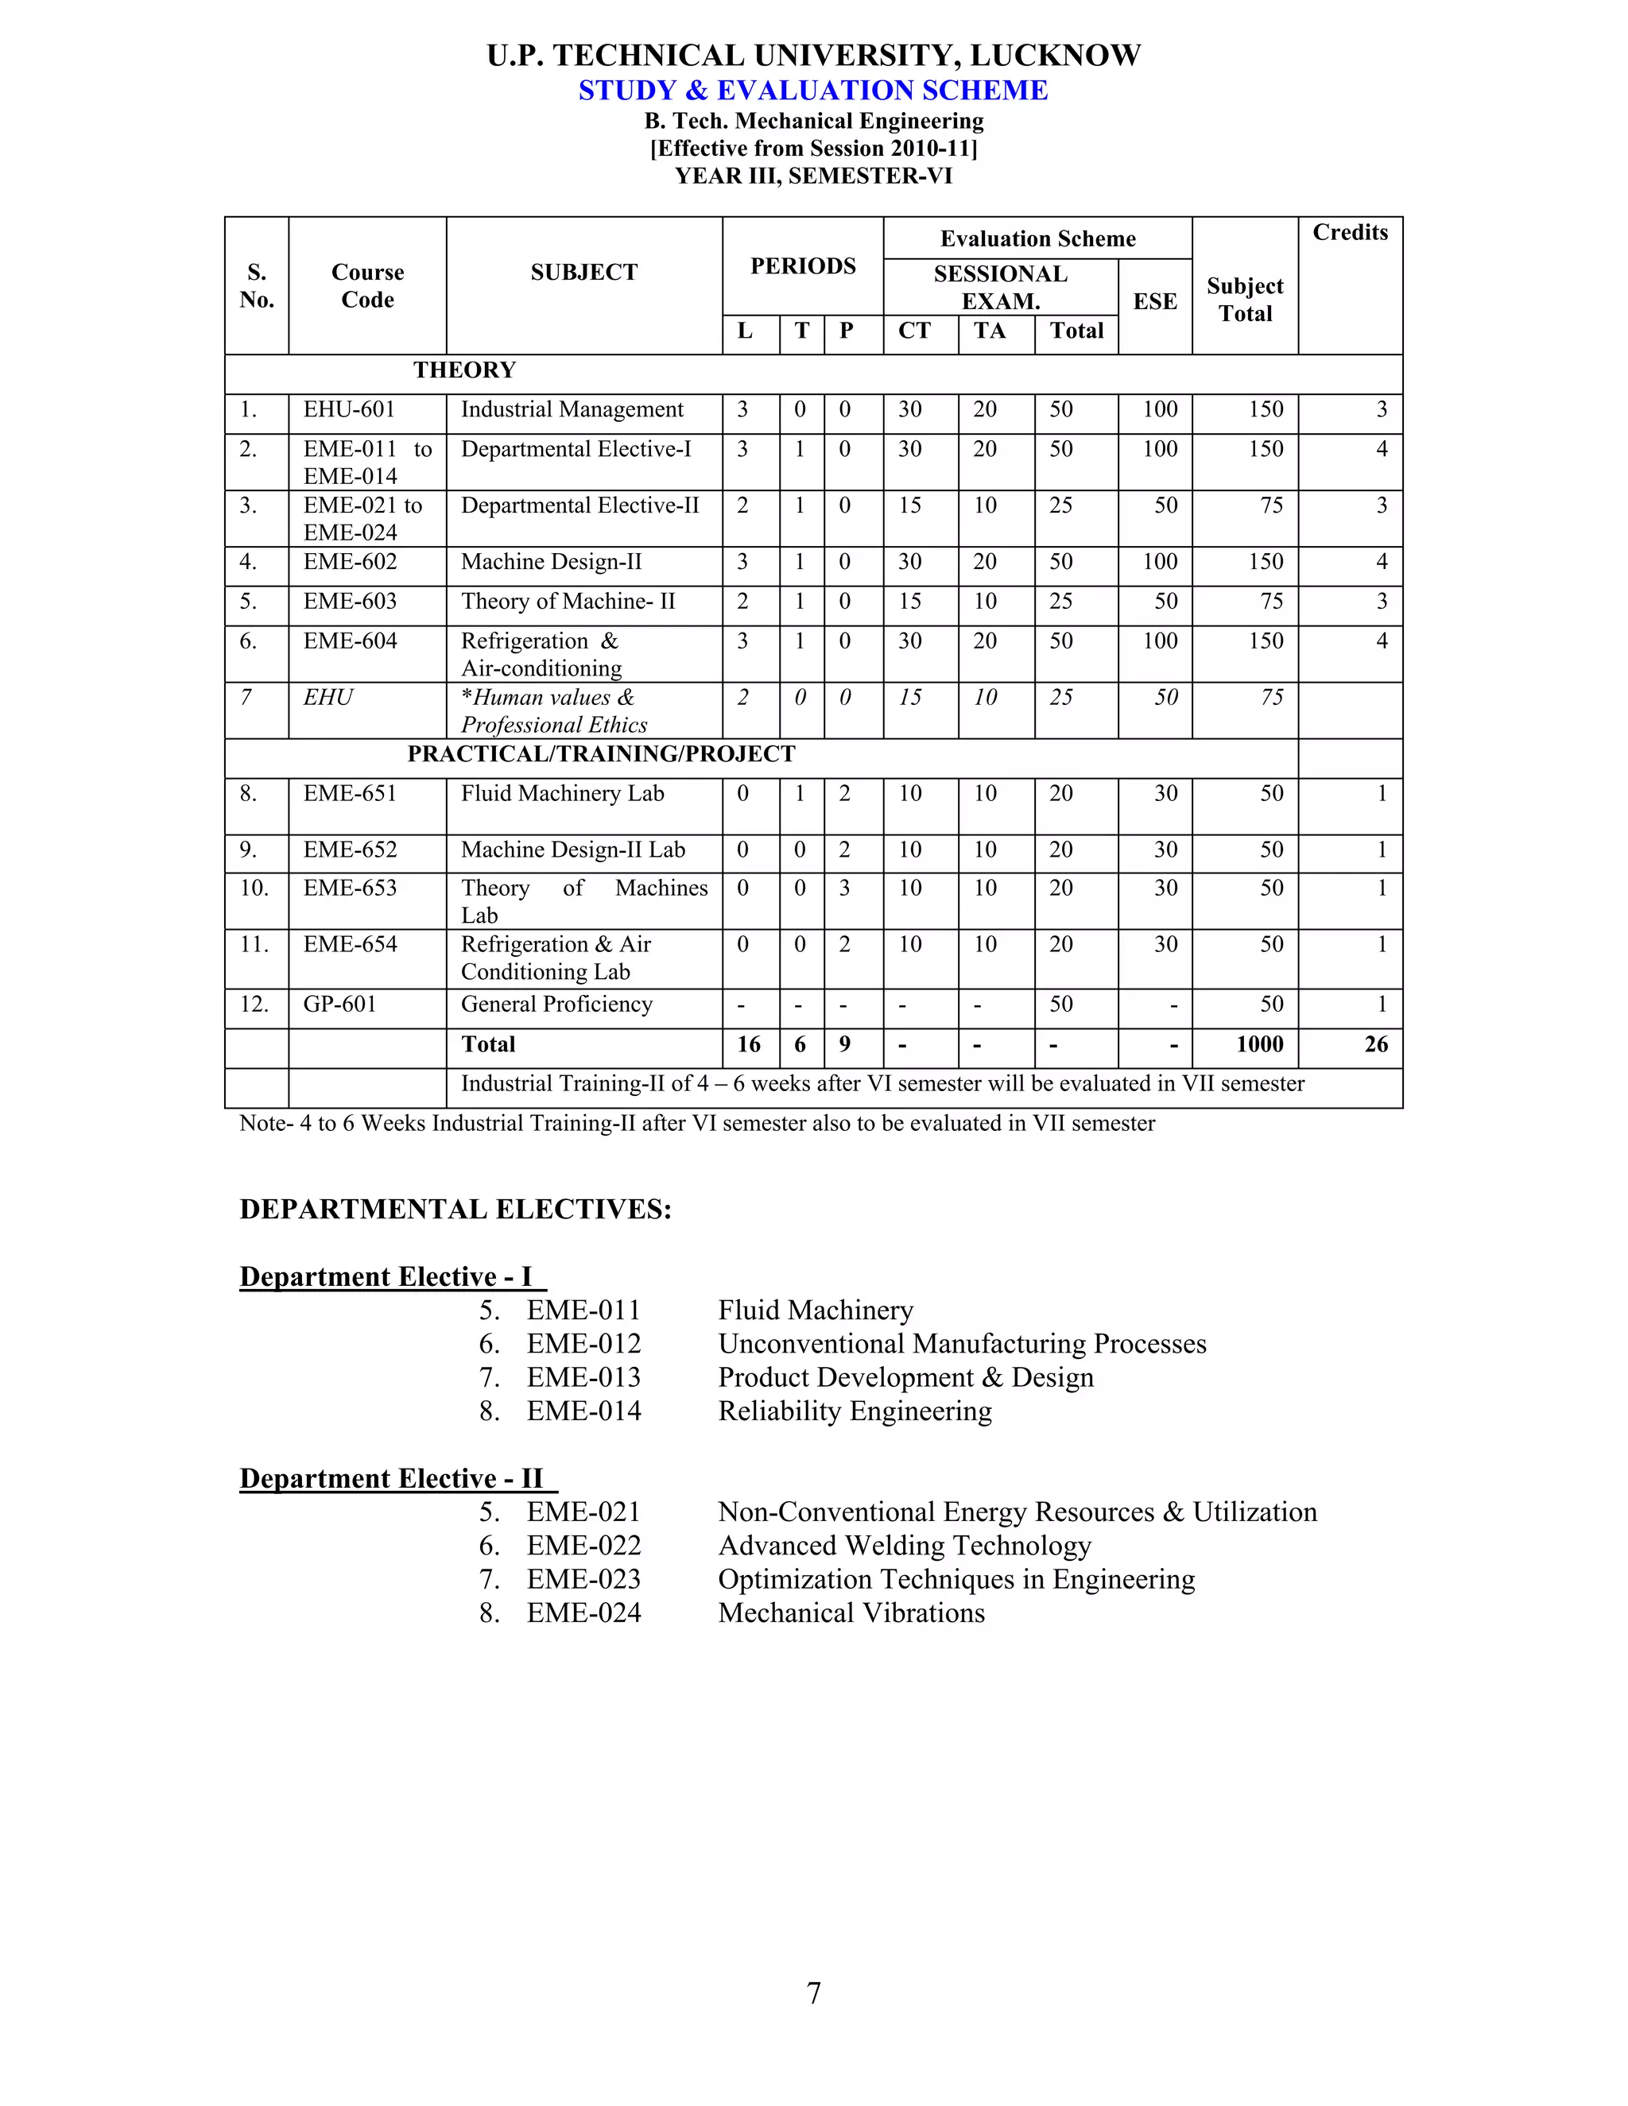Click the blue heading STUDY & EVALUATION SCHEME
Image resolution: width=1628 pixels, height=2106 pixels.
(x=813, y=90)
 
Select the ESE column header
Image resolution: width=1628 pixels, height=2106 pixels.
(x=1154, y=302)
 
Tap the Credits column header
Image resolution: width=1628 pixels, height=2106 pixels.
(x=1349, y=232)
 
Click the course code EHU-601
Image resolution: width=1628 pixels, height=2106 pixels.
(x=349, y=410)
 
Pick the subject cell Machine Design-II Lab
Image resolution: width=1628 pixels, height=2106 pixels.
(x=573, y=850)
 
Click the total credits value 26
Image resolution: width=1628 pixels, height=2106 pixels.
(x=1375, y=1044)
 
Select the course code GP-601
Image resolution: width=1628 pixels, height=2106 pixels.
(x=339, y=1005)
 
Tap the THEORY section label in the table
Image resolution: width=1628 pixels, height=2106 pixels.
(x=464, y=370)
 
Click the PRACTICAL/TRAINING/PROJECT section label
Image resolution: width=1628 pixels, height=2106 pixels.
(x=601, y=754)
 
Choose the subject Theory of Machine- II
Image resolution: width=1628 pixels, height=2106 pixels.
(x=568, y=602)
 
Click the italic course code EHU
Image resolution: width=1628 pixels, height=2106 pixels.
(x=328, y=697)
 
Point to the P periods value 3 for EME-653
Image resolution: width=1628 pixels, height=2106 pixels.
(x=844, y=888)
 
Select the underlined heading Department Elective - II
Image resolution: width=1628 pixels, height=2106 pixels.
(x=392, y=1478)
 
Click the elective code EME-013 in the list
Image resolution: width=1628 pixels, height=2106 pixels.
(x=583, y=1377)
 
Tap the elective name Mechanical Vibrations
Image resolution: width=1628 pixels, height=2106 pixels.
(x=851, y=1612)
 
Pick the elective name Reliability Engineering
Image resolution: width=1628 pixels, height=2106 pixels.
(x=855, y=1411)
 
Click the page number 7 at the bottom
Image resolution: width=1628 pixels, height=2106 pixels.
(x=813, y=1992)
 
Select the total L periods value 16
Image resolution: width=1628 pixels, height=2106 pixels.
(x=748, y=1044)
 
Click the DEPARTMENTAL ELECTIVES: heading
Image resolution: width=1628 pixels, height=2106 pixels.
(x=455, y=1210)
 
